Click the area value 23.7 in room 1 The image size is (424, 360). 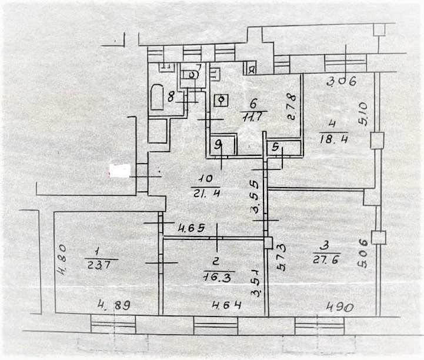click(101, 265)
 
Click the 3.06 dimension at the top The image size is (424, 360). click(342, 82)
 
